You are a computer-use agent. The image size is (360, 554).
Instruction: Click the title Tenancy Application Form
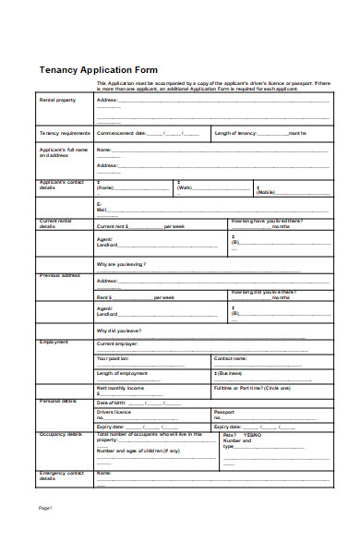click(98, 70)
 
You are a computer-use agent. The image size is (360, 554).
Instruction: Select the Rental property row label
click(56, 100)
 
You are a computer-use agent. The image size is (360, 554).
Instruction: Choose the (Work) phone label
click(184, 188)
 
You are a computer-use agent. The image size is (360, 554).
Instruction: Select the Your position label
click(113, 357)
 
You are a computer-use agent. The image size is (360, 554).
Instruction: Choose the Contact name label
click(230, 357)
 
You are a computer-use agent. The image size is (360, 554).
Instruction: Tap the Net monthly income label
click(120, 389)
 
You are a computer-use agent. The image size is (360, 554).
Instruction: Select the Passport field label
click(224, 412)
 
